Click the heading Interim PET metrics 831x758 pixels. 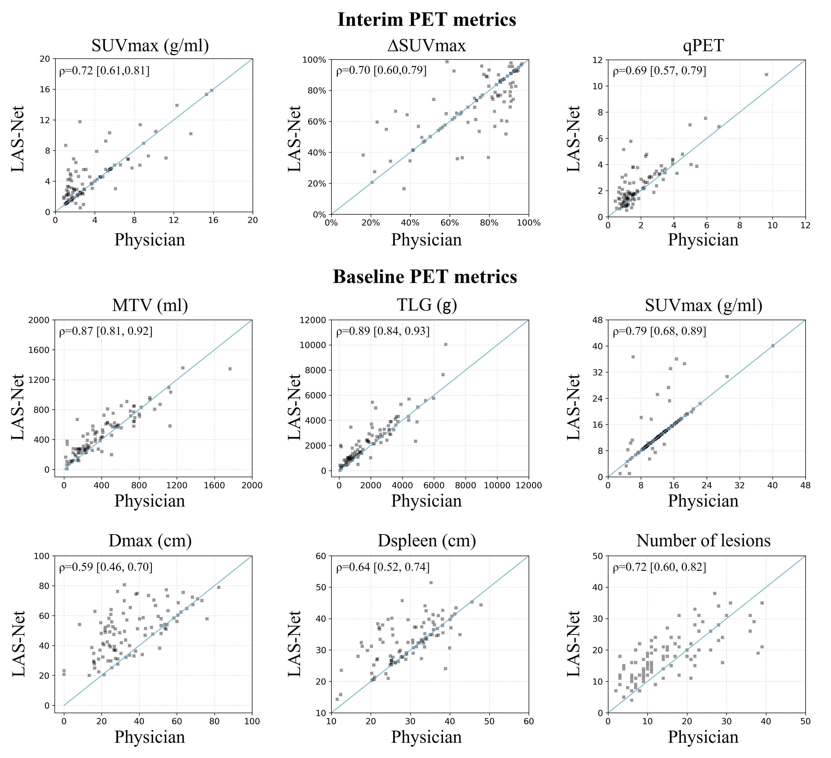(x=427, y=20)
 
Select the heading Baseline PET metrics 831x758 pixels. (x=425, y=277)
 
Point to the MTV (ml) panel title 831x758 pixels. (x=150, y=305)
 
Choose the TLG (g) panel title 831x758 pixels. (x=427, y=305)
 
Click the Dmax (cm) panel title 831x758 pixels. (x=150, y=541)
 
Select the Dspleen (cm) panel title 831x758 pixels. (x=427, y=541)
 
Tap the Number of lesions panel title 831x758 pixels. (x=703, y=541)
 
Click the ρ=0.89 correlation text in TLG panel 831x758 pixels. (x=383, y=331)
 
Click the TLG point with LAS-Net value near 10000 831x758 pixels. (x=446, y=344)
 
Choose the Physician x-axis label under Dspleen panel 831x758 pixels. (x=427, y=737)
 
